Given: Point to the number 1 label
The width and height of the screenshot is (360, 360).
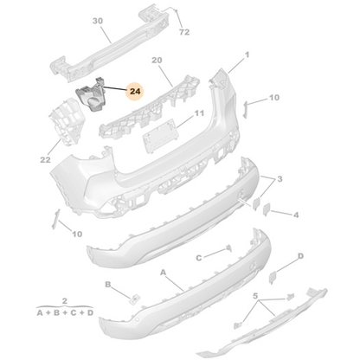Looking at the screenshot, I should (246, 55).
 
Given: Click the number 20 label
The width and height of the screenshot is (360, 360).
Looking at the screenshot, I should (157, 61).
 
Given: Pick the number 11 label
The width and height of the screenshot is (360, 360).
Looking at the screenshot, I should (199, 113).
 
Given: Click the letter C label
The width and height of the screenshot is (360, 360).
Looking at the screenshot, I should (198, 257).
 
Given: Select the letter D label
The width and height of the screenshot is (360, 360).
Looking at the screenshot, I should (300, 256).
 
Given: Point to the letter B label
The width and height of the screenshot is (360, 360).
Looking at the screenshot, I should (109, 284).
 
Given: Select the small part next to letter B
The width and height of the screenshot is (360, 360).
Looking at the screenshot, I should (136, 298).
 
